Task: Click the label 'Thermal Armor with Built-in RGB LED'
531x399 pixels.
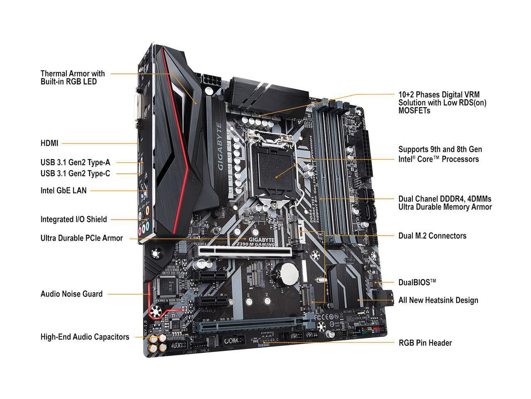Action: [73, 78]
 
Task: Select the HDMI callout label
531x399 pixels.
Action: [49, 143]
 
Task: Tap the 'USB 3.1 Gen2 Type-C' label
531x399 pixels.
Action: [75, 174]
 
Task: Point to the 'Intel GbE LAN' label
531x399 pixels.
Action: [63, 191]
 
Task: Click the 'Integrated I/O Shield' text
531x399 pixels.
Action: [73, 219]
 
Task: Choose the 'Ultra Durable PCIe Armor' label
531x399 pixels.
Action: [81, 238]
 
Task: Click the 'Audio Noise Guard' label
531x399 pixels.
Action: [71, 294]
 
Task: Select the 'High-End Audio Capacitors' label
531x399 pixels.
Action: [85, 337]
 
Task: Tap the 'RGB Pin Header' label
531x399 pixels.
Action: [425, 343]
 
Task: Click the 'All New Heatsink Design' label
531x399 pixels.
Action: [438, 300]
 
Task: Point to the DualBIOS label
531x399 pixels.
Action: [417, 282]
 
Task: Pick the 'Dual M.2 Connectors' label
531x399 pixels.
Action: [432, 236]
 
